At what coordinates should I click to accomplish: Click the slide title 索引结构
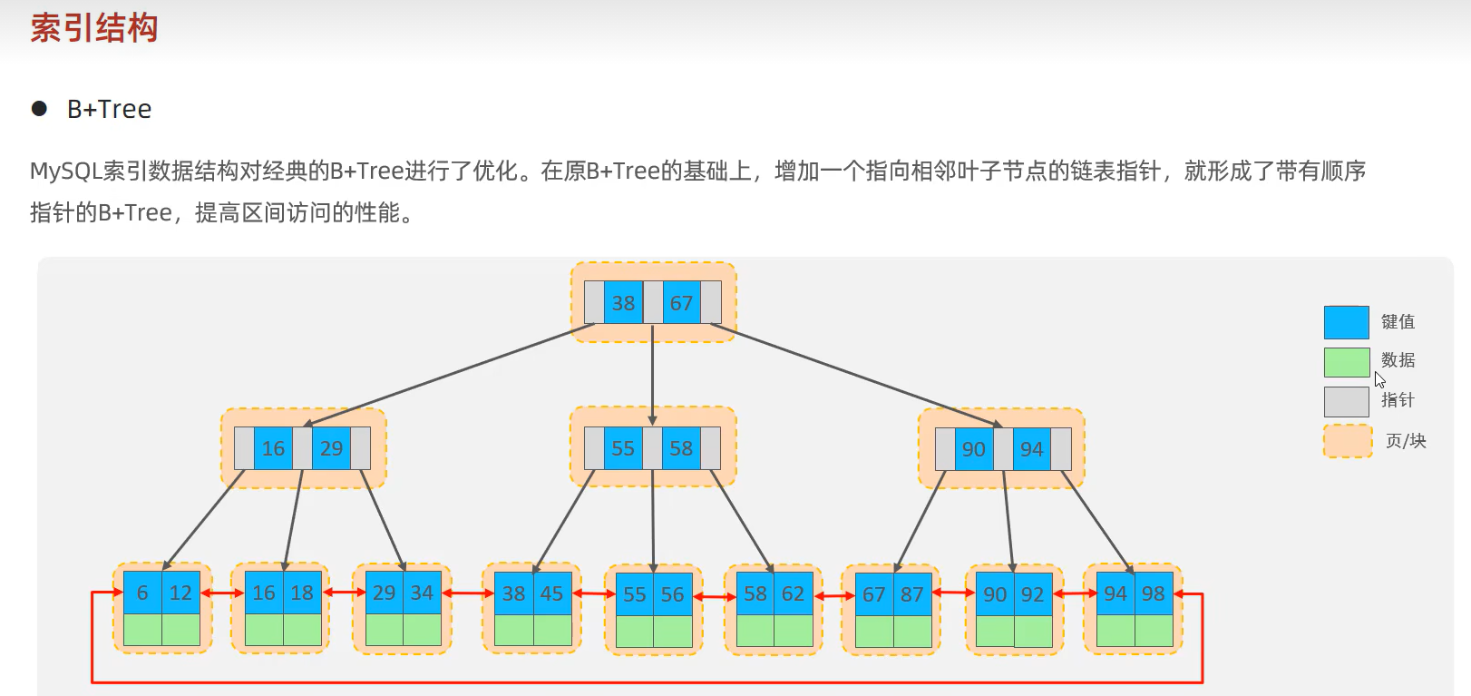[94, 28]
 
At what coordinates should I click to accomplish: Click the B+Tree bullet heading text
[109, 109]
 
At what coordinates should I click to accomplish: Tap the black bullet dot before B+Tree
[39, 109]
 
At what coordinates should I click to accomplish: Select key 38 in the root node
[623, 303]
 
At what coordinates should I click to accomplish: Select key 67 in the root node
[681, 303]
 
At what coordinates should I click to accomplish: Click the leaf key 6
[142, 593]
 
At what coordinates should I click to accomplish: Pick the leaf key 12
[180, 593]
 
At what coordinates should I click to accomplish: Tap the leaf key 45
[551, 593]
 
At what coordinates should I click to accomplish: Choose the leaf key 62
[793, 593]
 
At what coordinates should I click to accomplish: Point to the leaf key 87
[911, 594]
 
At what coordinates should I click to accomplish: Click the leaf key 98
[1153, 593]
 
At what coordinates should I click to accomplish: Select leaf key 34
[422, 593]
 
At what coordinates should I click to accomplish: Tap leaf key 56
[672, 594]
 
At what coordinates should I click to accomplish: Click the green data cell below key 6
[142, 629]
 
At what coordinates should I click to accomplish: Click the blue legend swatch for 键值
[1346, 322]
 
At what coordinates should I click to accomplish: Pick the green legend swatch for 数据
[1346, 362]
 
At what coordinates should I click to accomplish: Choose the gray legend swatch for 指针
[1346, 401]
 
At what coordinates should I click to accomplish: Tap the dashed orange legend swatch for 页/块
[1347, 441]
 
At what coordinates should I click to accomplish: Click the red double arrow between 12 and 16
[222, 593]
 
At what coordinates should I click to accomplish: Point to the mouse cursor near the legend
[1378, 378]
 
